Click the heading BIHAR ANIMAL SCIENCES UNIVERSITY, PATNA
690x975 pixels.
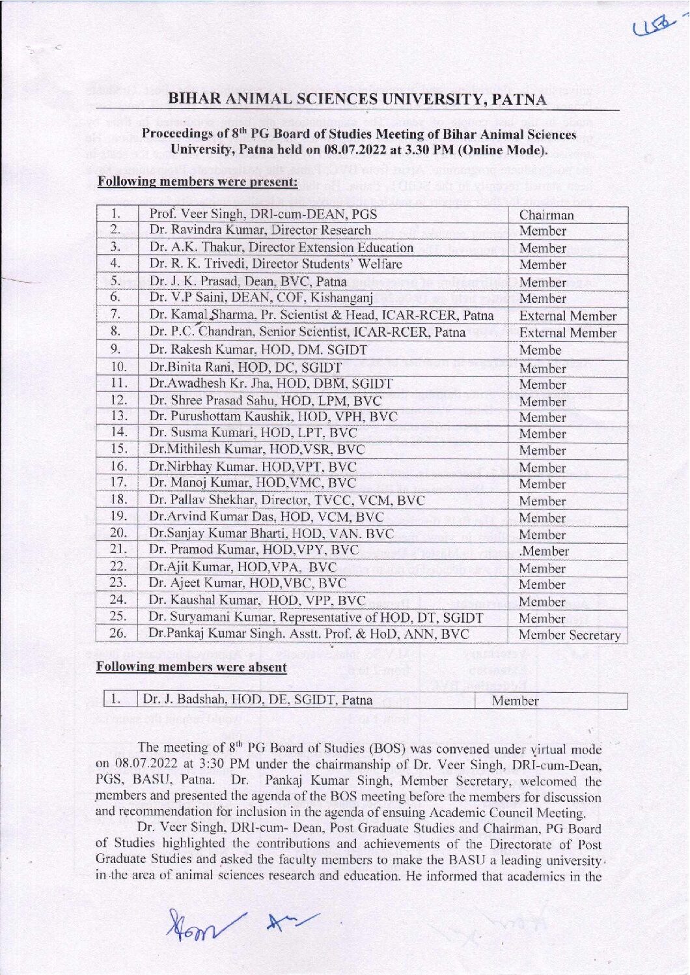[x=357, y=100]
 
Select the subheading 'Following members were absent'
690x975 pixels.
[x=191, y=667]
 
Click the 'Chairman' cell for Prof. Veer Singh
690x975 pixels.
[x=547, y=215]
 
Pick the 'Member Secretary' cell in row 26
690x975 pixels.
[x=569, y=636]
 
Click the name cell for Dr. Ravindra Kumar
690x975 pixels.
[x=260, y=231]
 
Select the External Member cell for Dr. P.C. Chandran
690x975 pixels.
[x=568, y=333]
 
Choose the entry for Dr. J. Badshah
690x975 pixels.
[x=258, y=700]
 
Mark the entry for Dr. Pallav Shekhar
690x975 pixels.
[x=287, y=501]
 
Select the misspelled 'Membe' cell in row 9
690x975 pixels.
[x=540, y=350]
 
